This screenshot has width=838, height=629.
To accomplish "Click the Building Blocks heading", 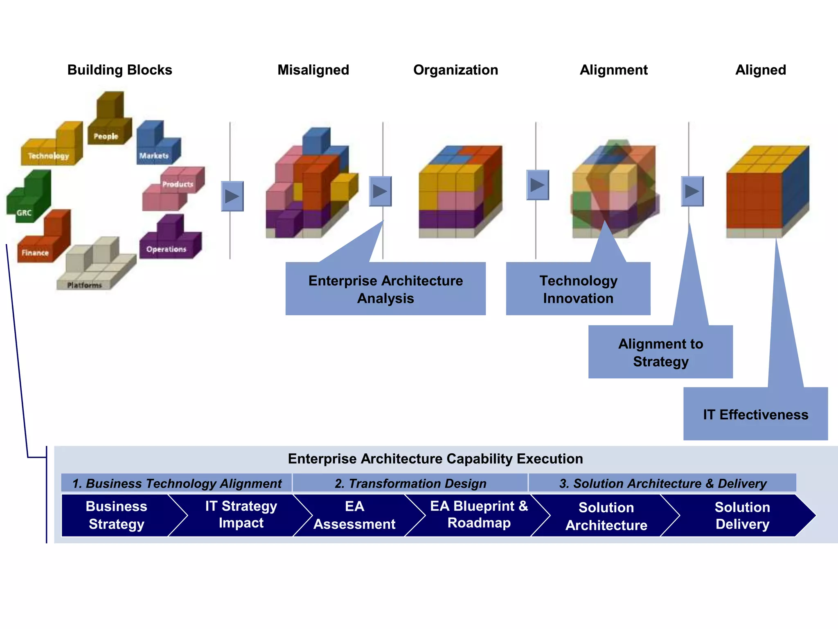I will point(119,70).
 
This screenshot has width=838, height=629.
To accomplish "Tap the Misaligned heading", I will point(313,70).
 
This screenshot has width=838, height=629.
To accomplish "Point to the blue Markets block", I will point(158,145).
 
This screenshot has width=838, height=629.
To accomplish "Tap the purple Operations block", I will point(170,240).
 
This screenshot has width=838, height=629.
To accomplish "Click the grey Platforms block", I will point(96,266).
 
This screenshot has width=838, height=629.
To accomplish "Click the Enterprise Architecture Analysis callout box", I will point(385,289).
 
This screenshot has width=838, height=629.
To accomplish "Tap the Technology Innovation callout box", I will point(578,289).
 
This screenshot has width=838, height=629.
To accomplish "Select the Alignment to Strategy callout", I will point(660,352).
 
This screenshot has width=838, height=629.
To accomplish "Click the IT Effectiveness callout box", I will point(755,414).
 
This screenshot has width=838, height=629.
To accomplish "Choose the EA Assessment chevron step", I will point(354,515).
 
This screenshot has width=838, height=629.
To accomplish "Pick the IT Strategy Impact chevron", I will point(241,515).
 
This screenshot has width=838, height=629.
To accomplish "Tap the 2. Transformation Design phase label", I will point(410,483).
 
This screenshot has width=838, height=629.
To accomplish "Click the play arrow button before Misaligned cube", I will point(232,196).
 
